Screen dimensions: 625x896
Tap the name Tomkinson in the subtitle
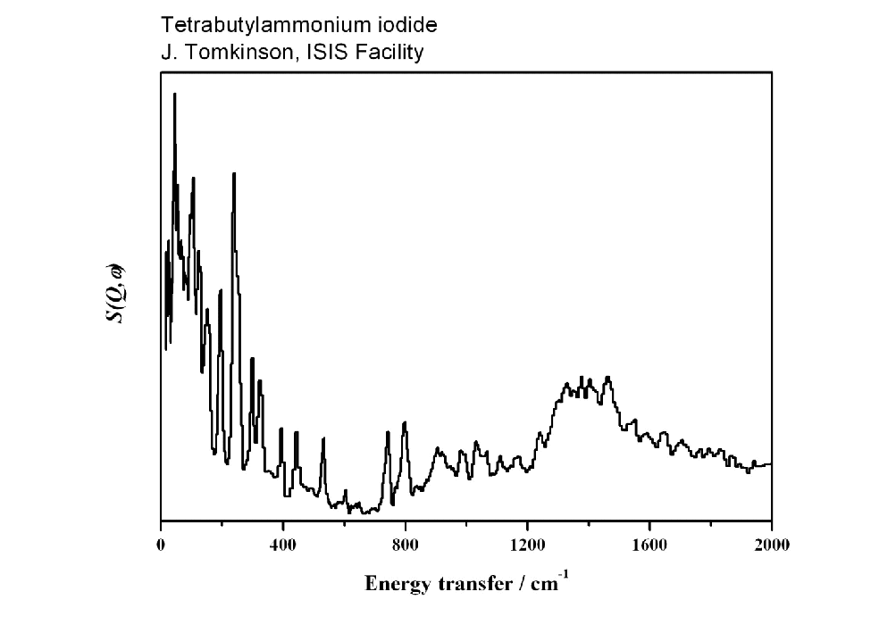(222, 53)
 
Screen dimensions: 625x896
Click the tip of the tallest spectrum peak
(174, 94)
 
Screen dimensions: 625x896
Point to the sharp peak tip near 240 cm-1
(234, 173)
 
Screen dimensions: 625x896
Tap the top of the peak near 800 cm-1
(405, 422)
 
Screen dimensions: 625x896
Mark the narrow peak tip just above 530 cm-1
(323, 438)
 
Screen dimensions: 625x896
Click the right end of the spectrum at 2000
(770, 464)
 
